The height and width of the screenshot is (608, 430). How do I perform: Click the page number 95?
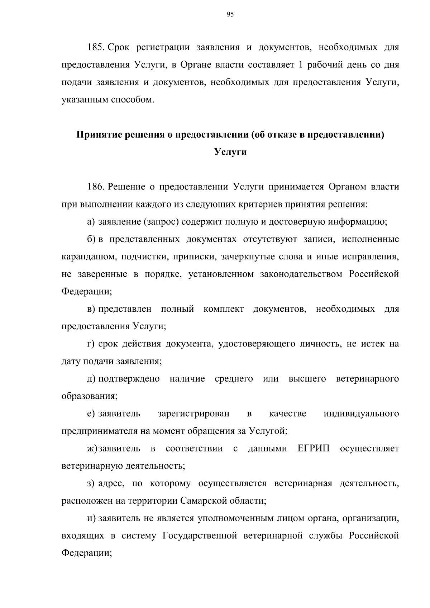point(230,14)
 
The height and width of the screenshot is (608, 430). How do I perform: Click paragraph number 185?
point(96,47)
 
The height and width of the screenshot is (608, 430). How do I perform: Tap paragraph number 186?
point(96,187)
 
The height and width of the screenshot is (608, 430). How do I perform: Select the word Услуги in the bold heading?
point(230,152)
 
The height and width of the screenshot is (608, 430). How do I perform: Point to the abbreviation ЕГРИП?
point(313,449)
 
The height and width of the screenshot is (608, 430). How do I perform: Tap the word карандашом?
point(88,257)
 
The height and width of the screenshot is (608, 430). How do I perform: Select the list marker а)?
point(91,222)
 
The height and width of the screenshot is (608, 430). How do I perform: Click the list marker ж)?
point(92,449)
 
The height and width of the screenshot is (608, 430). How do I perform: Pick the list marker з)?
point(91,484)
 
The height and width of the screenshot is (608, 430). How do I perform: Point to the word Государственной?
point(200,536)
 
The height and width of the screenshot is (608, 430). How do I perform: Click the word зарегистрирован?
point(193,414)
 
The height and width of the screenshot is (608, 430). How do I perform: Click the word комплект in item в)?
point(223,309)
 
